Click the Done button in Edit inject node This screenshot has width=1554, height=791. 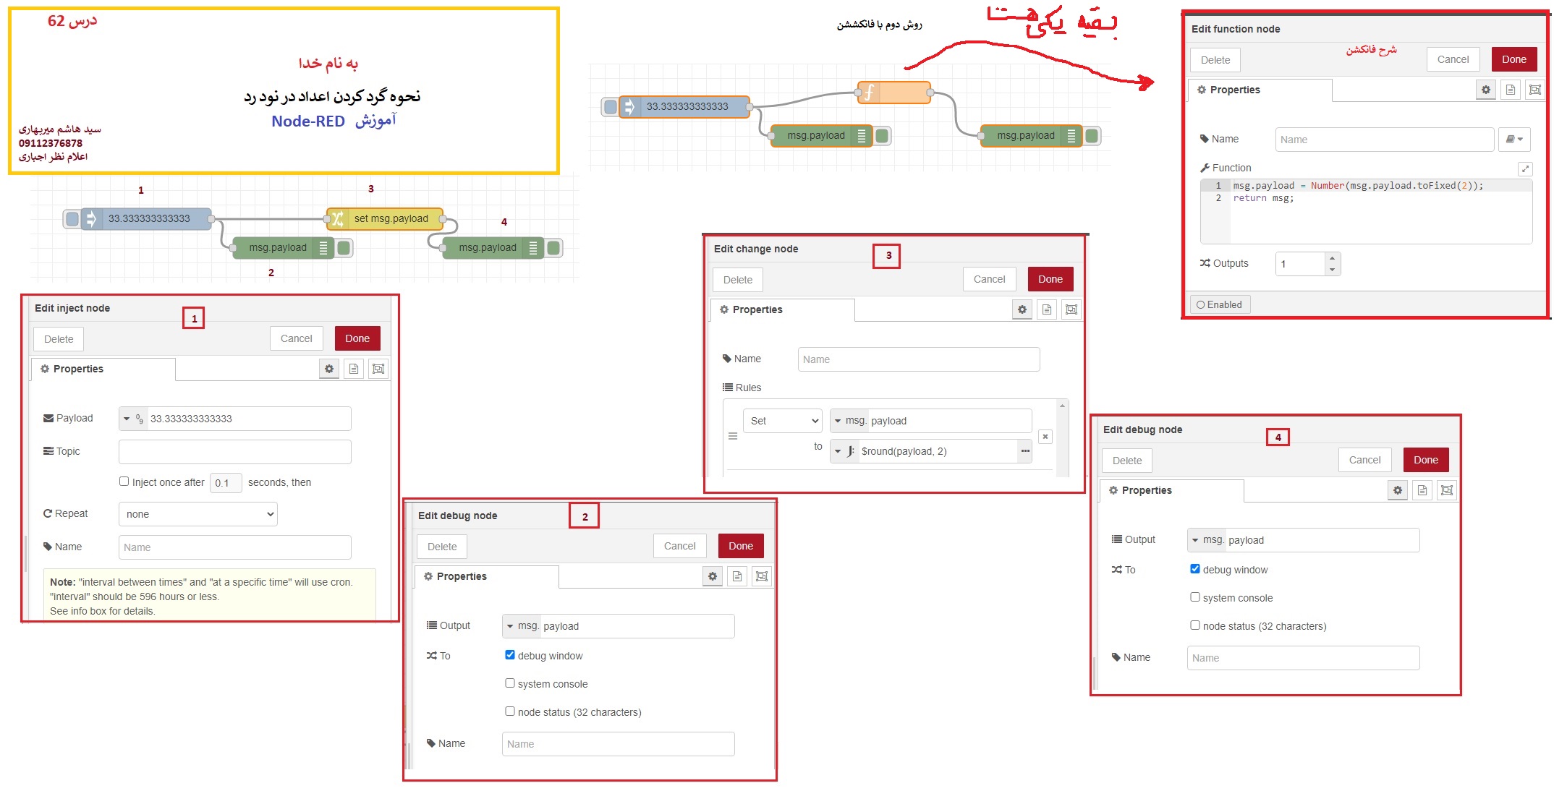coord(357,338)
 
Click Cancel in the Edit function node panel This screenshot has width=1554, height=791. coord(1453,59)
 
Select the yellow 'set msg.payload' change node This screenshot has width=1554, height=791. coord(384,218)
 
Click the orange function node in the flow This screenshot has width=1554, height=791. coord(893,93)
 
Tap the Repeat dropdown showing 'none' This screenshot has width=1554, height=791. coord(198,514)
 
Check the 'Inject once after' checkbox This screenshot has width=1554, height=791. coord(124,482)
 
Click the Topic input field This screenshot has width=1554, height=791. coord(235,452)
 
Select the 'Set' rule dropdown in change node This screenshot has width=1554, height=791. coord(783,421)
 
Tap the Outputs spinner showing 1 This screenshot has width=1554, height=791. coord(1308,264)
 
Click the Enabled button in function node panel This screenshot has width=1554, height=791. coord(1220,304)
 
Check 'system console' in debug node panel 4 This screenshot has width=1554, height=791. coord(1195,597)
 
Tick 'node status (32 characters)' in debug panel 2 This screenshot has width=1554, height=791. coord(510,711)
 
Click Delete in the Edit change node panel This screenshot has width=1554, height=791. coord(738,280)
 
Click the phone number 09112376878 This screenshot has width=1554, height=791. coord(51,143)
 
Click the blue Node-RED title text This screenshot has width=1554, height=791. coord(308,121)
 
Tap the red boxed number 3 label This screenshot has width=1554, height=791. coord(888,255)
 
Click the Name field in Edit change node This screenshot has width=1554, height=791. coord(919,359)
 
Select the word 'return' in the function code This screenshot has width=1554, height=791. coord(1249,198)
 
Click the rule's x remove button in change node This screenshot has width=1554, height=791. coord(1045,437)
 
